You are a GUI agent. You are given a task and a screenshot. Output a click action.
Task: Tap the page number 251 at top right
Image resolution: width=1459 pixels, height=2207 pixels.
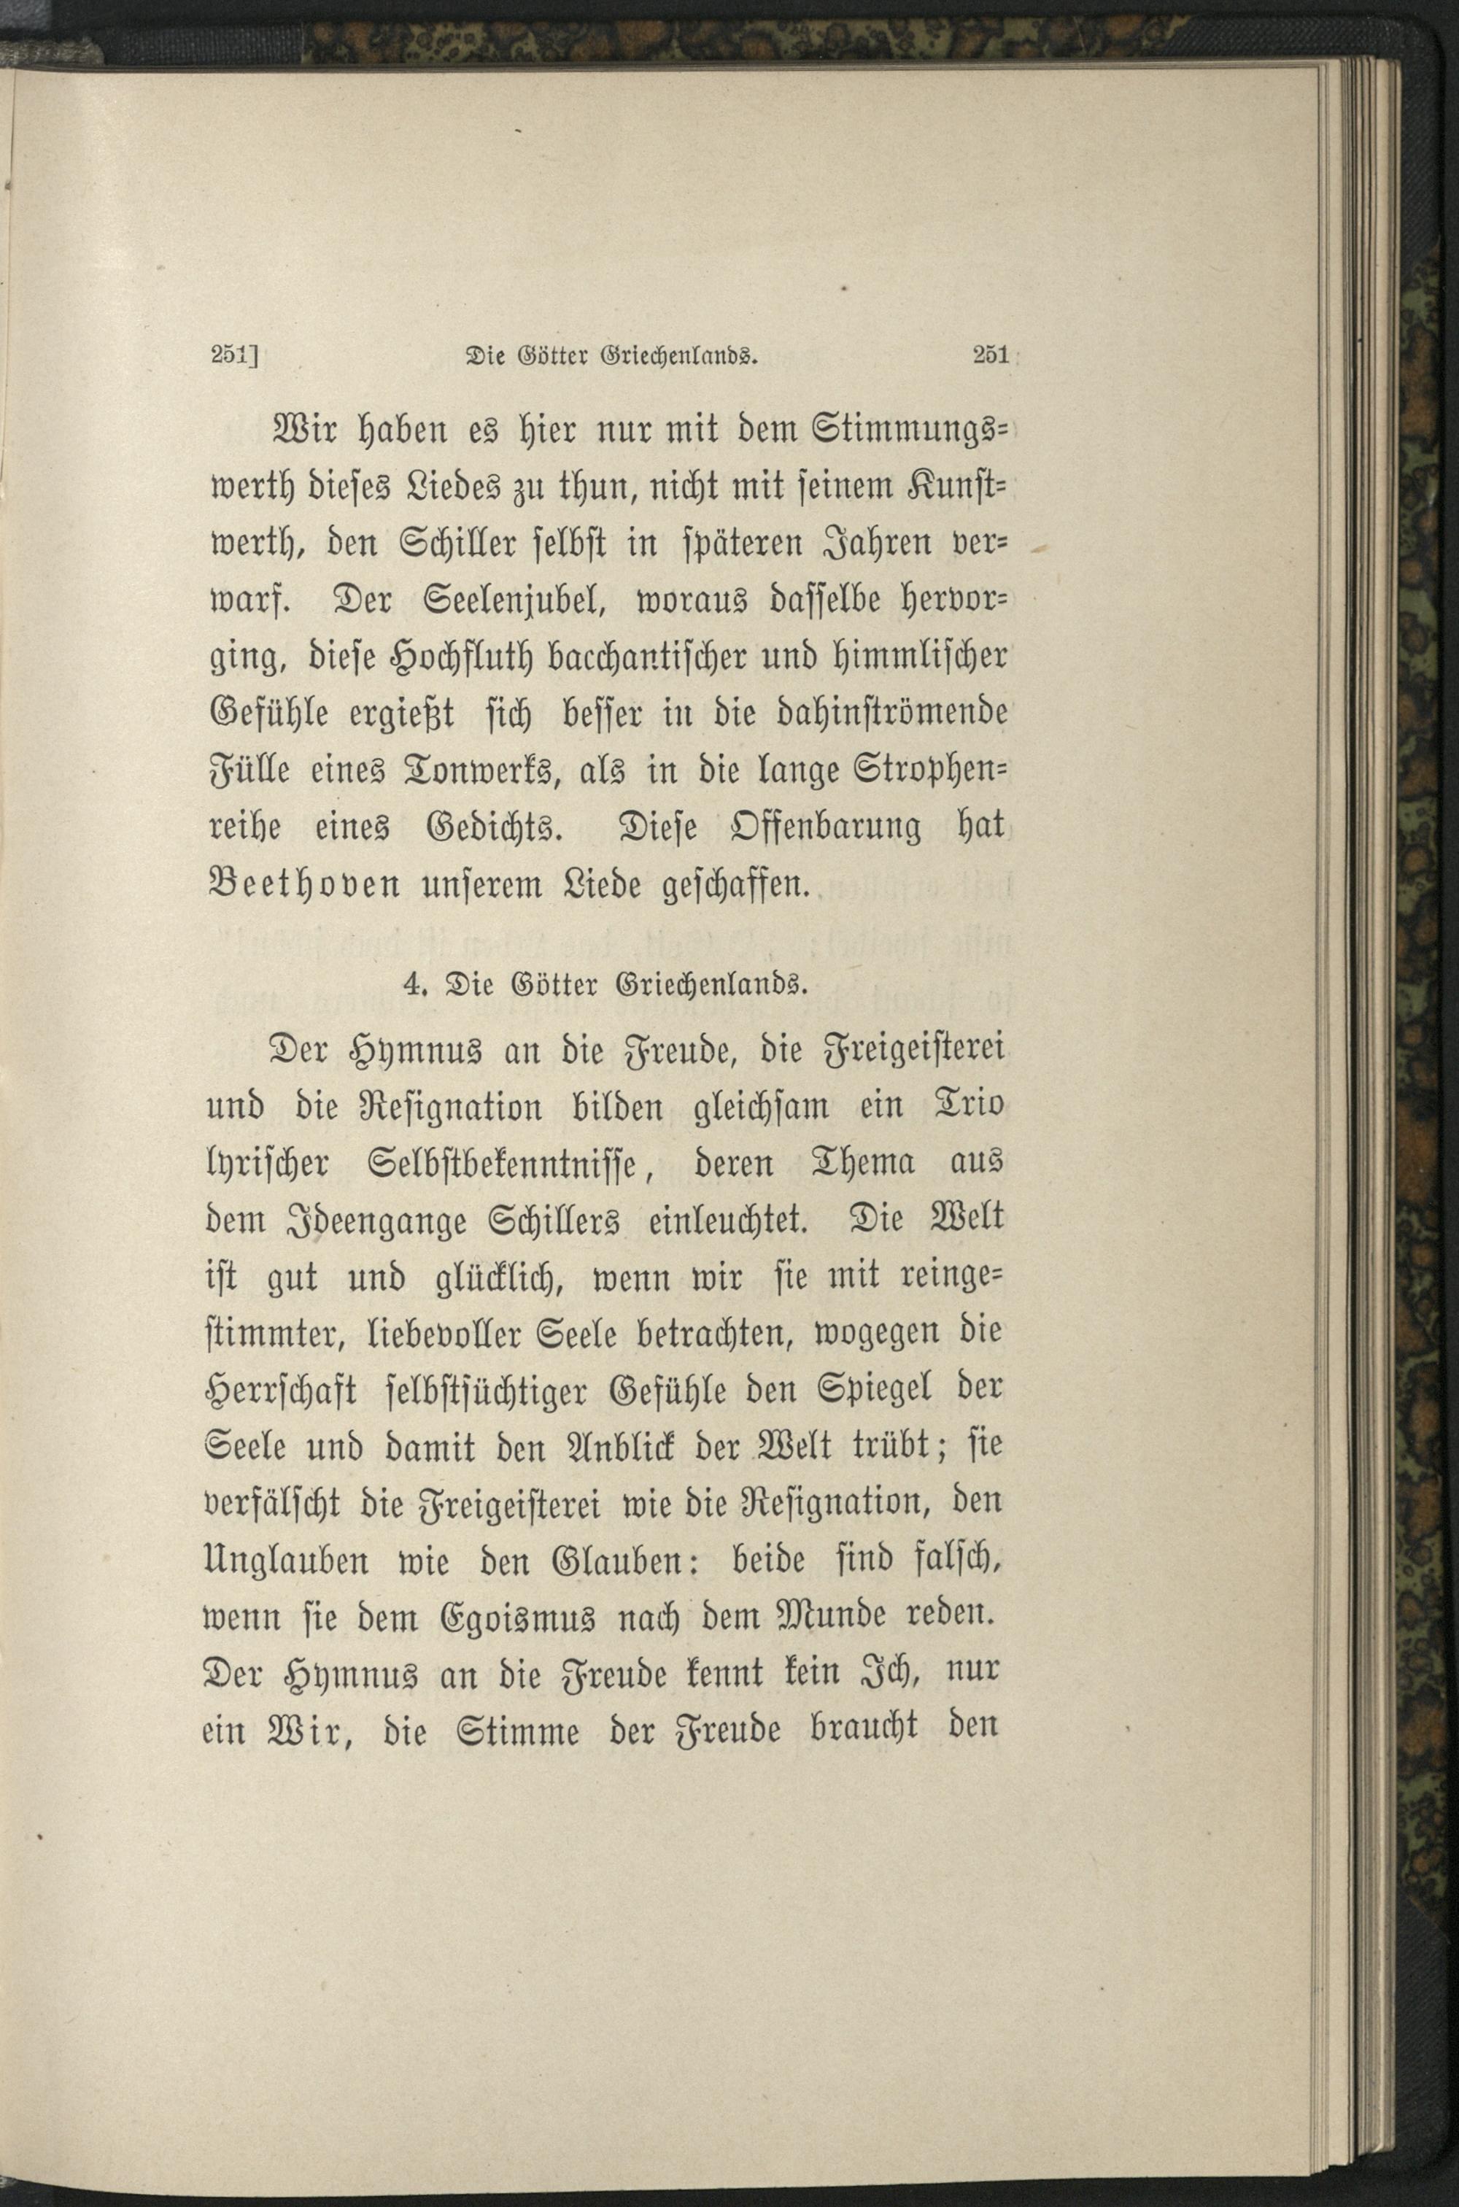(x=989, y=355)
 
